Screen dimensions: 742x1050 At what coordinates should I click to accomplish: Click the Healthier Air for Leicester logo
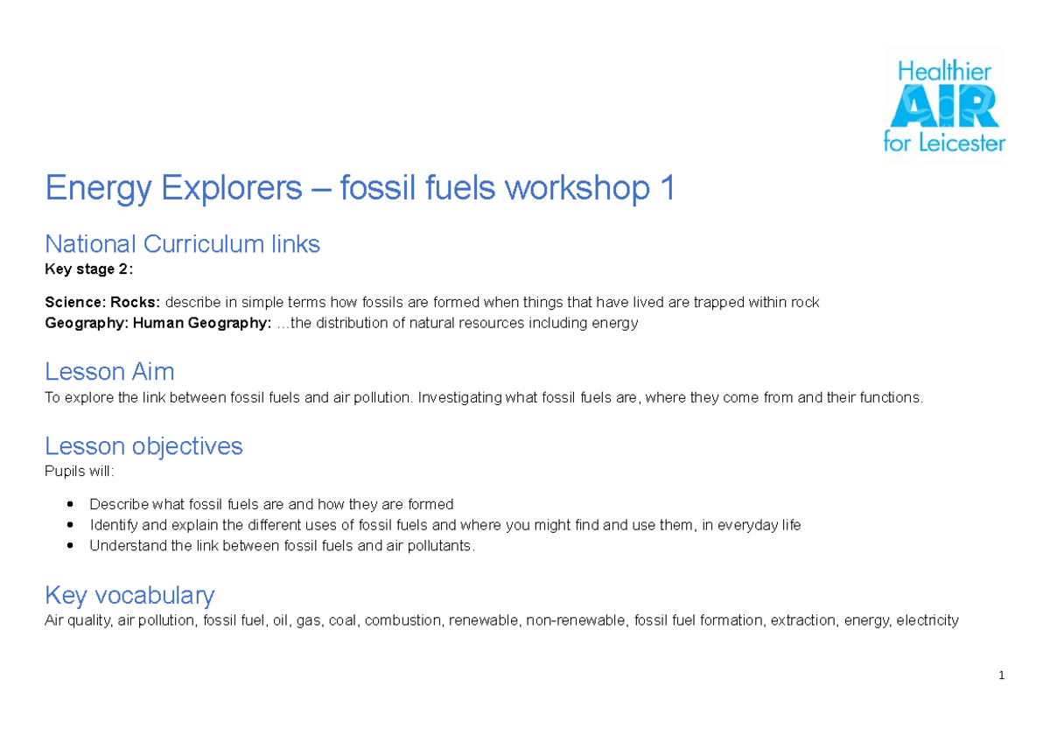coord(944,106)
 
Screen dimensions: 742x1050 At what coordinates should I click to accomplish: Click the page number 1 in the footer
coord(1000,676)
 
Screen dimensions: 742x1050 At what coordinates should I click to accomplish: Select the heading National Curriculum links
coord(182,244)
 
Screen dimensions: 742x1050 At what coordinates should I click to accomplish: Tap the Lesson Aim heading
coord(109,372)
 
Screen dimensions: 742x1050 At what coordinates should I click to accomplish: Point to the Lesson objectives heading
coord(143,446)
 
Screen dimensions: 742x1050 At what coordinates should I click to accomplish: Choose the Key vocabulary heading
coord(129,596)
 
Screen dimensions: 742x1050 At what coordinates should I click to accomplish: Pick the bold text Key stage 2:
coord(89,269)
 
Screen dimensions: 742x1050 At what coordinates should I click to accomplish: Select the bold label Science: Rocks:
coord(102,303)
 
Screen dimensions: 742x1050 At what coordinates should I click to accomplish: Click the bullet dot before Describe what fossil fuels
coord(70,505)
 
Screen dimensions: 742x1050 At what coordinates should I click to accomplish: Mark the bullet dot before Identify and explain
coord(70,525)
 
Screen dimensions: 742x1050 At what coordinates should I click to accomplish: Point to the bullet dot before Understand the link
coord(70,546)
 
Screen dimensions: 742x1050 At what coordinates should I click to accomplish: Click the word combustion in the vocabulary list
coord(402,621)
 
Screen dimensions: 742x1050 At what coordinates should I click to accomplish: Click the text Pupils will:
coord(79,472)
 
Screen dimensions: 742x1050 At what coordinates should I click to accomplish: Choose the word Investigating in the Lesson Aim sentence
coord(460,398)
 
